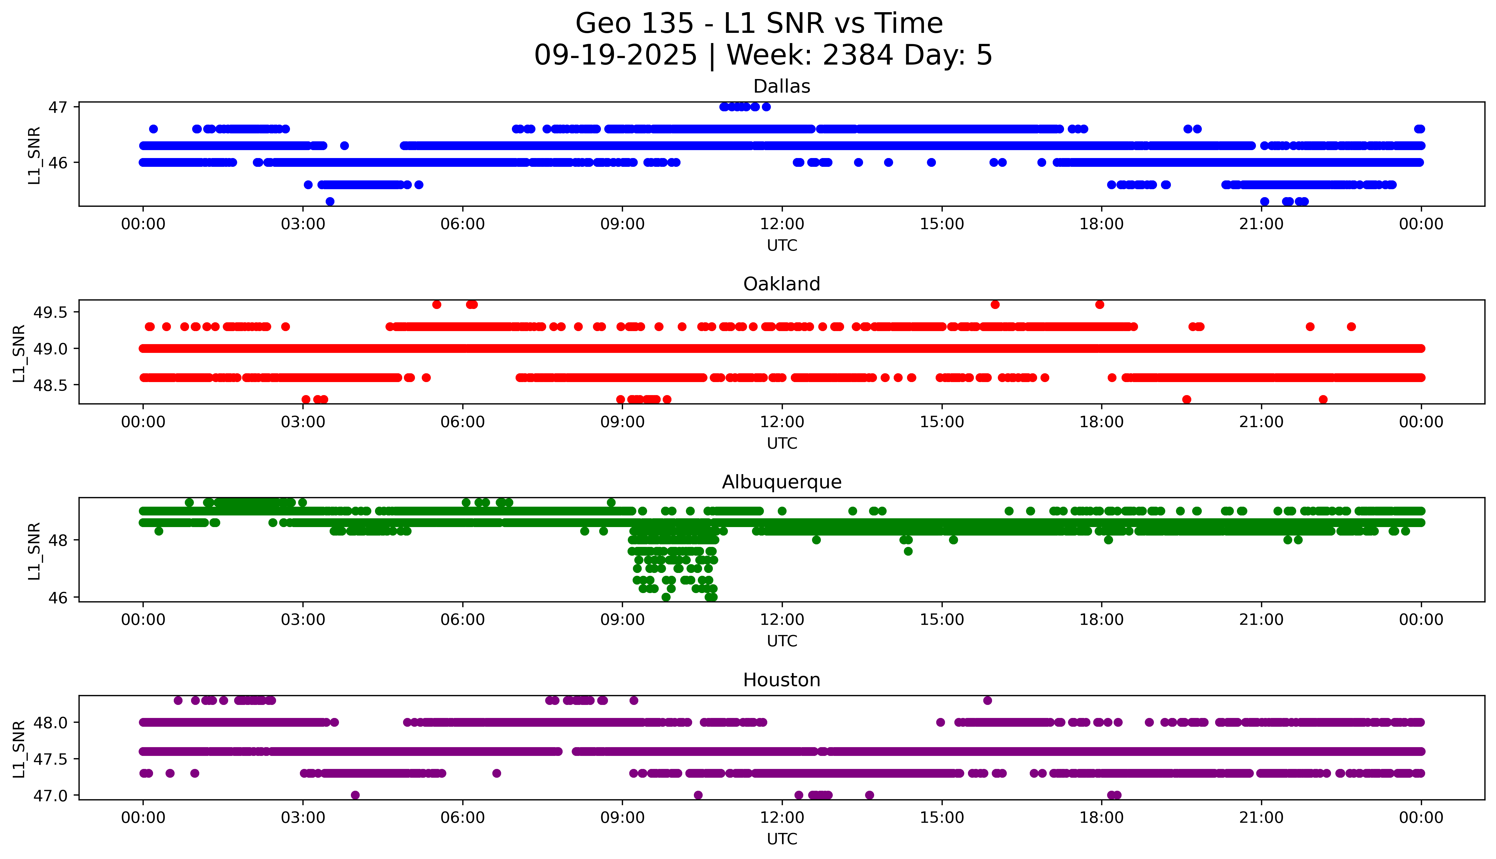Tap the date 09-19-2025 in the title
[616, 56]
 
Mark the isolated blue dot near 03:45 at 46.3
[344, 146]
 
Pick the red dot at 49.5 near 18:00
[1099, 304]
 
